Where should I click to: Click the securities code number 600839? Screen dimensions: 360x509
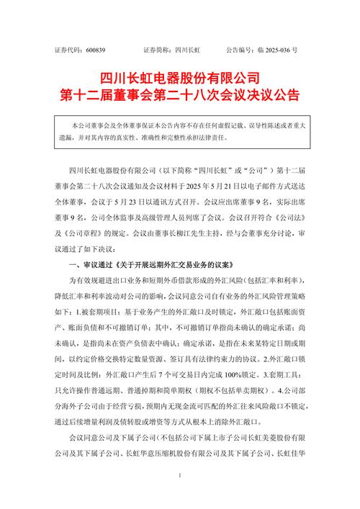(95, 51)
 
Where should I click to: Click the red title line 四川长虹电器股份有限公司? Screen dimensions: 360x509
(179, 78)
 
